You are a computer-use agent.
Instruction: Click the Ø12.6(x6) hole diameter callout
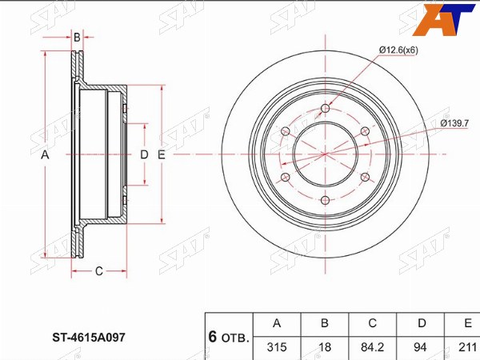click(x=398, y=50)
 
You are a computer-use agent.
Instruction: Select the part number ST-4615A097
click(x=89, y=338)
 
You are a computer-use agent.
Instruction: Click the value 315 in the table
click(x=277, y=347)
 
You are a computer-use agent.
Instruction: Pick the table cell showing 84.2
click(x=372, y=347)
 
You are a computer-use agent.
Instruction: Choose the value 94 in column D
click(x=420, y=347)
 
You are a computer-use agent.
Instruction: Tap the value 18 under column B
click(x=325, y=347)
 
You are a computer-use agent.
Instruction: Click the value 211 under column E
click(x=467, y=347)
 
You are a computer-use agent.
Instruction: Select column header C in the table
click(x=372, y=323)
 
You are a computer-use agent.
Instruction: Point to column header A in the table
click(x=277, y=323)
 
